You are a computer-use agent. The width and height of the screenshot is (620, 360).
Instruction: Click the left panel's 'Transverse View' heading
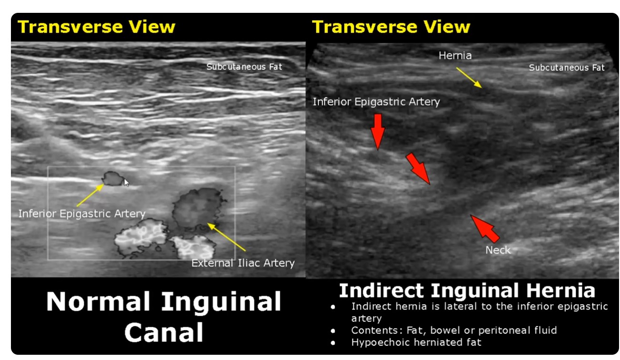[96, 27]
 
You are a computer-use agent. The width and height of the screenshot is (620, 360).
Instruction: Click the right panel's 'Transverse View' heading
[391, 27]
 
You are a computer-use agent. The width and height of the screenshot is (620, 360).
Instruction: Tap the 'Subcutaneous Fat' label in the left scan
[244, 67]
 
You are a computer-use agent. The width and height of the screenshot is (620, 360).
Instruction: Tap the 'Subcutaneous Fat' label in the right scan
[567, 68]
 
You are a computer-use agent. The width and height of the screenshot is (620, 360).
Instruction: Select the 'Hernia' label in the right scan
[455, 56]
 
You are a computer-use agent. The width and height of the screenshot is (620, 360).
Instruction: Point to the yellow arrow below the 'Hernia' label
[469, 78]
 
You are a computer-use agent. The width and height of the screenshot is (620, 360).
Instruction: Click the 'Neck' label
[498, 250]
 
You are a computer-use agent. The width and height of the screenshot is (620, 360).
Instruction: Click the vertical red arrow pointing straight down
[377, 132]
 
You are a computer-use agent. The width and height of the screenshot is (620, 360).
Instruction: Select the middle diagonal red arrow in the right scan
[418, 168]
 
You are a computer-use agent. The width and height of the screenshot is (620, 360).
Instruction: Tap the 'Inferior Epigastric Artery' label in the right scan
[376, 102]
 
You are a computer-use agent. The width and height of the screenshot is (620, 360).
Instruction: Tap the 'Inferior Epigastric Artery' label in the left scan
[82, 214]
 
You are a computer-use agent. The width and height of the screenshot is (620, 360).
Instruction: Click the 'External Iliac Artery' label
[243, 263]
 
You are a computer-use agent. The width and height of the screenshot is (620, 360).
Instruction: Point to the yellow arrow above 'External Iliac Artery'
[226, 237]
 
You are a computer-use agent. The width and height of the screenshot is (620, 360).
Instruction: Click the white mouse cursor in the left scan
[126, 183]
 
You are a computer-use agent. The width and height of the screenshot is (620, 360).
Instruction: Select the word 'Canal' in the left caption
[164, 332]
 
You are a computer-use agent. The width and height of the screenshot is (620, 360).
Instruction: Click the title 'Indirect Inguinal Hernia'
[467, 291]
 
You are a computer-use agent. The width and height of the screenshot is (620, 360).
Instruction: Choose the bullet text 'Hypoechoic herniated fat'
[416, 342]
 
